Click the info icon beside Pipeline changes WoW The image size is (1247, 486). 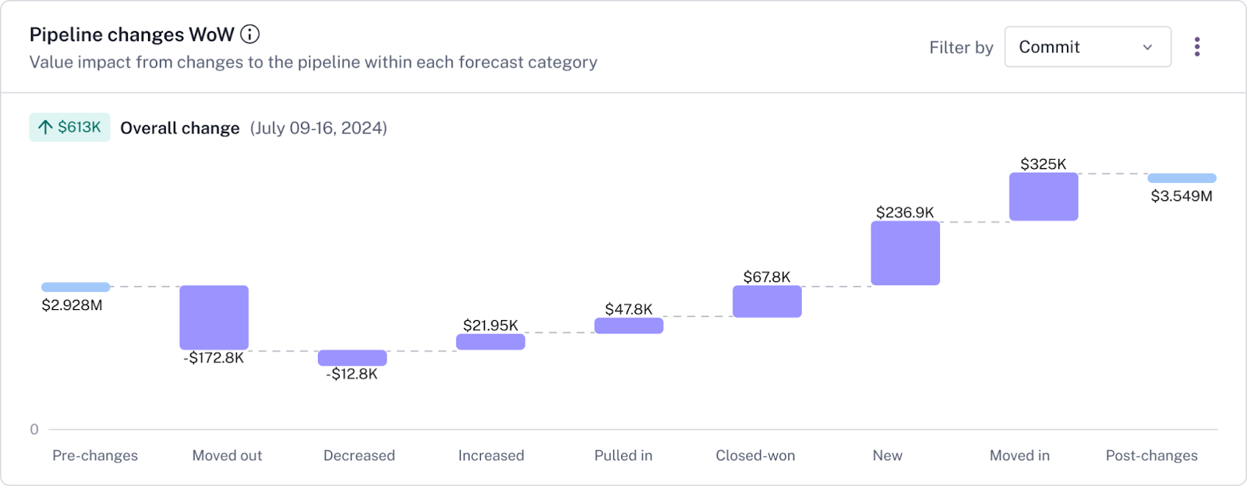click(249, 34)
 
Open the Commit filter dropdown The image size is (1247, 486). click(1087, 47)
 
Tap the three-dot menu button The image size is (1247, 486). click(1197, 47)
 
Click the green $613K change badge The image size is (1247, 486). click(69, 128)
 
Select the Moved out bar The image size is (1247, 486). click(214, 318)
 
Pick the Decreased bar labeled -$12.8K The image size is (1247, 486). click(352, 357)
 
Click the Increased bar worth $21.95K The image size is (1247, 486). click(490, 342)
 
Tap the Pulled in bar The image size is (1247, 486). click(629, 326)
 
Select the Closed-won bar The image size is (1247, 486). click(767, 301)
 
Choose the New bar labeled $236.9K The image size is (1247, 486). click(905, 253)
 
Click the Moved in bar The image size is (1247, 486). click(1044, 197)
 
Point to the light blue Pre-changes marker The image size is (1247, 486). click(76, 287)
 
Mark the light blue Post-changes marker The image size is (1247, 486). click(1182, 178)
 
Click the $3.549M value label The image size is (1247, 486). click(1182, 196)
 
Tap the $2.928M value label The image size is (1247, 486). click(72, 305)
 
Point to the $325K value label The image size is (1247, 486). click(1043, 164)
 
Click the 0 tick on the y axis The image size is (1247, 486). click(34, 429)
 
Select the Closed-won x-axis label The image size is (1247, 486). click(755, 456)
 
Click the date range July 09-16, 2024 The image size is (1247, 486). click(318, 128)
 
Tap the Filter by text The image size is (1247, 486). click(961, 48)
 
